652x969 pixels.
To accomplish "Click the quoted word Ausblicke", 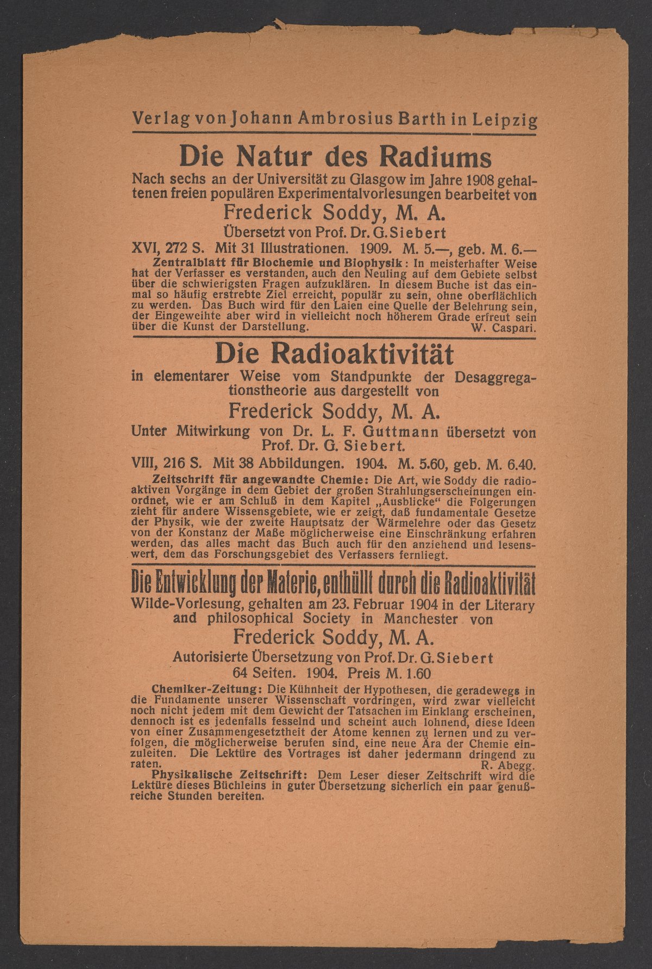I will pos(391,501).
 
